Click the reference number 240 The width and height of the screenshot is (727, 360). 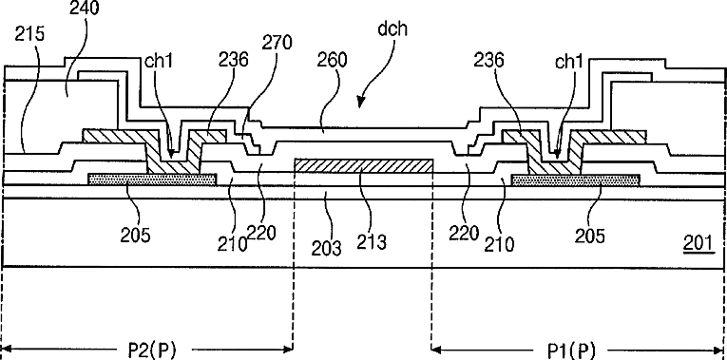(x=84, y=8)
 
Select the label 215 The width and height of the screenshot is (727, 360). (x=29, y=35)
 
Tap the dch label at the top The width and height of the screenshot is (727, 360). (x=392, y=28)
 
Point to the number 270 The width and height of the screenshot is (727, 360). (x=277, y=43)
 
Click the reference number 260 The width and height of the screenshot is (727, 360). (x=332, y=61)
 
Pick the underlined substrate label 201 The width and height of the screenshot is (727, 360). (x=698, y=241)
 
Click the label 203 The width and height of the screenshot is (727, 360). (x=327, y=248)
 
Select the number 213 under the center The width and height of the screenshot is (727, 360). (x=372, y=242)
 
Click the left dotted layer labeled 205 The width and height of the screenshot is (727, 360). (x=152, y=180)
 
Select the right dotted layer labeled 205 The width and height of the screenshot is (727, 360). (x=575, y=180)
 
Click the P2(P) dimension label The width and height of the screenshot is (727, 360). (x=153, y=350)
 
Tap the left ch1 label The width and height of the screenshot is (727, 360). (x=159, y=61)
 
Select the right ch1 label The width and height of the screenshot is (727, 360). (x=568, y=62)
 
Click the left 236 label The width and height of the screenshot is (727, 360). (x=234, y=60)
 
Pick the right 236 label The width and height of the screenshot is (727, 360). (x=488, y=61)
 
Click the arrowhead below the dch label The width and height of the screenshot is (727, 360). (x=361, y=99)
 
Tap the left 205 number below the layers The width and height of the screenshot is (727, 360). (x=135, y=236)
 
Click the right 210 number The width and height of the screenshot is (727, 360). (x=499, y=243)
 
